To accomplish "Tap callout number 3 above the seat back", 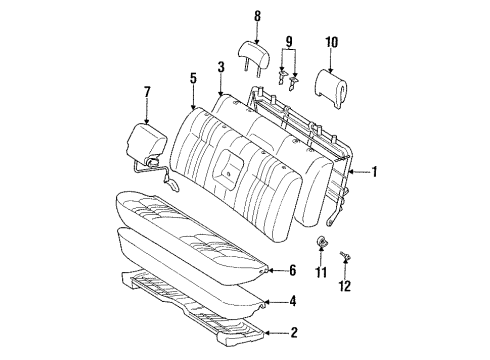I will point(219,67).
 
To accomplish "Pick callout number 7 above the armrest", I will point(148,94).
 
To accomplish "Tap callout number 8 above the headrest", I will point(257,15).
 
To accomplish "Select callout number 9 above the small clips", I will point(291,42).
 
